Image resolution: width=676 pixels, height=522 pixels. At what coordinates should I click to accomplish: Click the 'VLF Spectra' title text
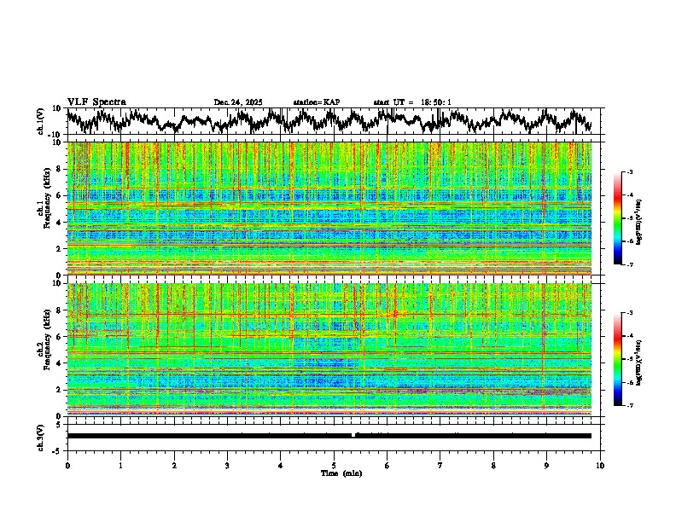pyautogui.click(x=96, y=101)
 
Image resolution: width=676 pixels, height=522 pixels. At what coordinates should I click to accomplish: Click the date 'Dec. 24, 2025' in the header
pyautogui.click(x=239, y=102)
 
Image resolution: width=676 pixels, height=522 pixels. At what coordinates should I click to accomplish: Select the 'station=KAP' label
pyautogui.click(x=317, y=102)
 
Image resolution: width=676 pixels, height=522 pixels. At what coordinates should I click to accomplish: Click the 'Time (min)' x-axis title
pyautogui.click(x=334, y=473)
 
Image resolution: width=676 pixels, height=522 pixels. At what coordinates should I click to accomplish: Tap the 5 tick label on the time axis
pyautogui.click(x=334, y=464)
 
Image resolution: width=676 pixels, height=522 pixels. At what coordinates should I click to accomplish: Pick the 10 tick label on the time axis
pyautogui.click(x=600, y=464)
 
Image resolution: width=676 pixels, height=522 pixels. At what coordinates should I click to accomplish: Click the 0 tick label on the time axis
pyautogui.click(x=67, y=464)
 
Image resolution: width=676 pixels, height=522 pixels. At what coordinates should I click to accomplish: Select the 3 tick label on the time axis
pyautogui.click(x=227, y=464)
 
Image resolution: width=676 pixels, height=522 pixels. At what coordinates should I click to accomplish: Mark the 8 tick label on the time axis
pyautogui.click(x=493, y=464)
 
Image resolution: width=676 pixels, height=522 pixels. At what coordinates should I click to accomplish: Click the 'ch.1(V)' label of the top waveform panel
pyautogui.click(x=41, y=121)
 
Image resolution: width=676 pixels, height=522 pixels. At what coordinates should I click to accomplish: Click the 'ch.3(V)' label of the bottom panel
pyautogui.click(x=41, y=435)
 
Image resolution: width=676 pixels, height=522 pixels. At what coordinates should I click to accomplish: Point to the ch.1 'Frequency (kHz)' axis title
pyautogui.click(x=43, y=210)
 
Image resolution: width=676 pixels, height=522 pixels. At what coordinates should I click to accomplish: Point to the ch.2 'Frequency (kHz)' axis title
pyautogui.click(x=43, y=351)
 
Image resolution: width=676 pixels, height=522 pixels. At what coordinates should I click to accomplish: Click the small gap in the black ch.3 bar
pyautogui.click(x=353, y=435)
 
